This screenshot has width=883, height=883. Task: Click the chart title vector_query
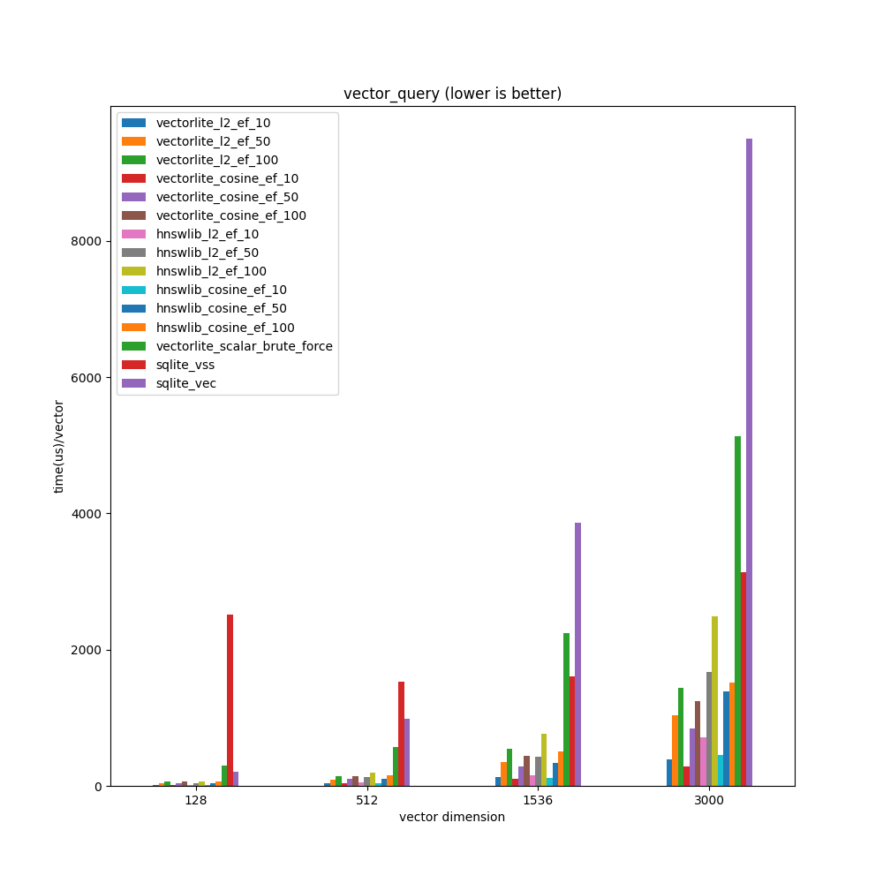pos(452,94)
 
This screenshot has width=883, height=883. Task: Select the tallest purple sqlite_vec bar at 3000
pos(749,459)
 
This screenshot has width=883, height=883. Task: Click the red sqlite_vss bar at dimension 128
pos(230,698)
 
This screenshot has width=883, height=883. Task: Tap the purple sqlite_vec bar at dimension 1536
pos(577,653)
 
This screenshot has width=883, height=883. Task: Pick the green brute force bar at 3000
pos(737,609)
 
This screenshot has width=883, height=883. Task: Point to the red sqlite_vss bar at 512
pos(401,733)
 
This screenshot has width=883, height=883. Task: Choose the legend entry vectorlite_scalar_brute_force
pos(244,346)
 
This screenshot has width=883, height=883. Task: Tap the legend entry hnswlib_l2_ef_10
pos(207,234)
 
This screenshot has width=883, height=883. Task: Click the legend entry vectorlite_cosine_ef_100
pos(230,215)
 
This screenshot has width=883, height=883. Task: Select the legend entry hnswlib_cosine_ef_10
pos(221,290)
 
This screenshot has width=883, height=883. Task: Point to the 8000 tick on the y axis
pos(87,241)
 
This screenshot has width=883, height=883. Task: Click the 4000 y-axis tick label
pos(87,514)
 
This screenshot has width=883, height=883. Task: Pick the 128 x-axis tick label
pos(195,800)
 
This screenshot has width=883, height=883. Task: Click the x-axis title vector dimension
pos(452,817)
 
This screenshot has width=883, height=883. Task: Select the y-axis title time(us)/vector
pos(59,446)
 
